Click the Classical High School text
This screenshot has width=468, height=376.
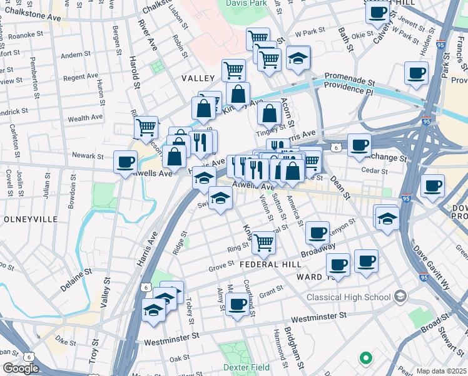pos(348,296)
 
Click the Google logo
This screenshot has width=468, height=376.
pos(20,368)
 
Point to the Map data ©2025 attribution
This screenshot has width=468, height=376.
pos(442,371)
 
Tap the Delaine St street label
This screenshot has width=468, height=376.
pos(76,279)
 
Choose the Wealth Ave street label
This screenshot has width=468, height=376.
pos(85,118)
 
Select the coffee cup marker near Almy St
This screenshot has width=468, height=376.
pos(237,305)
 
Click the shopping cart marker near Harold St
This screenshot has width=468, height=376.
pos(146,127)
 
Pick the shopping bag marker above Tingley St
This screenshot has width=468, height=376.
pos(269,114)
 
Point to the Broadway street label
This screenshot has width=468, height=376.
pos(317,251)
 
